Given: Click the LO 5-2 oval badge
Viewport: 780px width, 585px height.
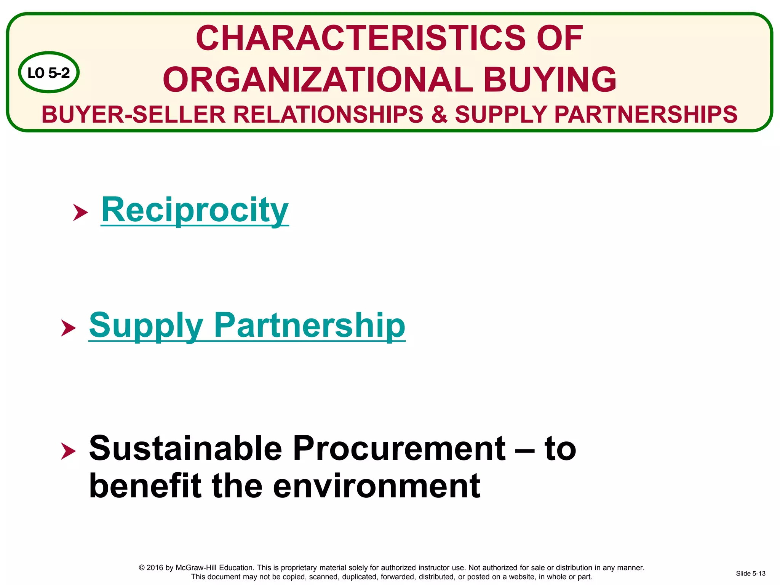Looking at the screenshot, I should tap(49, 72).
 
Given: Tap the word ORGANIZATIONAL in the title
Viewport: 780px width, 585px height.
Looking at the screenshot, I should tap(318, 80).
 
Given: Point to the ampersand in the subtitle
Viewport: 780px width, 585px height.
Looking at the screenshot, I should tap(439, 115).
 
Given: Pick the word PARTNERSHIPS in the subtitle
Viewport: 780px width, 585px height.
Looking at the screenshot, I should tap(646, 115).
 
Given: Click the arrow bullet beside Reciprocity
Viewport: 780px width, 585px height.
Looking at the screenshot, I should tap(80, 212).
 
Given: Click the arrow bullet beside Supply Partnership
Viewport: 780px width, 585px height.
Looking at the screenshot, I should tap(68, 328).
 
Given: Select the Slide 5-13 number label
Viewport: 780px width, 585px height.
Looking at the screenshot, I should tap(751, 574).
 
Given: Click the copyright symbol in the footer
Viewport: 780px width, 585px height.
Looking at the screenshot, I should tap(142, 568).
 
